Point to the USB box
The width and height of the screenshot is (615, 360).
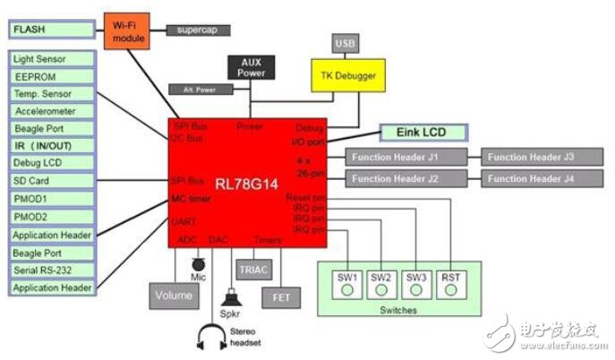click(346, 42)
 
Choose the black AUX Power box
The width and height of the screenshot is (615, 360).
click(251, 67)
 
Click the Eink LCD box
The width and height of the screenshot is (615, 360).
click(424, 133)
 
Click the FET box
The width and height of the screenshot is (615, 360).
click(279, 295)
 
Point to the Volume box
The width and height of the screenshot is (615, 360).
click(174, 295)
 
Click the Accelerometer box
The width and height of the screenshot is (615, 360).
click(50, 111)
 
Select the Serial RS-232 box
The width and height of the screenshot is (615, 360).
click(50, 270)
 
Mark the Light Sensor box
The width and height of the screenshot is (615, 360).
click(50, 58)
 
